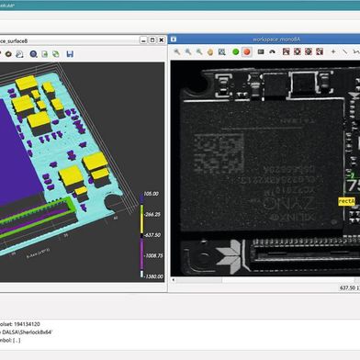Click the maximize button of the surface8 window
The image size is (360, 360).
click(154, 40)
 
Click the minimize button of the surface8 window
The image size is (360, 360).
click(144, 40)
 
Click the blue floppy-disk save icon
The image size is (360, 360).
click(70, 54)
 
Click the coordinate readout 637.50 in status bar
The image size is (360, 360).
click(334, 286)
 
